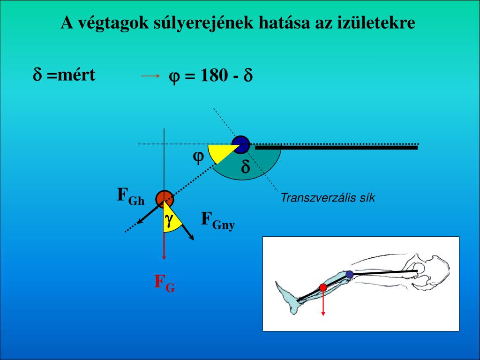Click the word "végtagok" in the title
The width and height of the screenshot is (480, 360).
[x=112, y=23]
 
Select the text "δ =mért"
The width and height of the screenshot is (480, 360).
[x=64, y=75]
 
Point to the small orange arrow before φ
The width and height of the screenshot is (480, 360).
[x=150, y=75]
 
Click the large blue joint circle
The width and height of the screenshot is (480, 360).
[x=240, y=144]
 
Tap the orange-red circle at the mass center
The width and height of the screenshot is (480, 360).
[x=165, y=199]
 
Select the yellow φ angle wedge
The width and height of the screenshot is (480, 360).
[x=220, y=152]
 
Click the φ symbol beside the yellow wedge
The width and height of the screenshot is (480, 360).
[x=198, y=157]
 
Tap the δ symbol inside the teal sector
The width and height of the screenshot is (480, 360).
[x=246, y=167]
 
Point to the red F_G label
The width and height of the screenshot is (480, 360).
[x=165, y=282]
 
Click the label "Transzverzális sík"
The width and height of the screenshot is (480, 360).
[x=328, y=198]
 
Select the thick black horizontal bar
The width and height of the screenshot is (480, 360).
[x=336, y=148]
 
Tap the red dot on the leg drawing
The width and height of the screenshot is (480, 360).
[x=323, y=287]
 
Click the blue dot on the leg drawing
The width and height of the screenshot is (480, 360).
[x=350, y=274]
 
